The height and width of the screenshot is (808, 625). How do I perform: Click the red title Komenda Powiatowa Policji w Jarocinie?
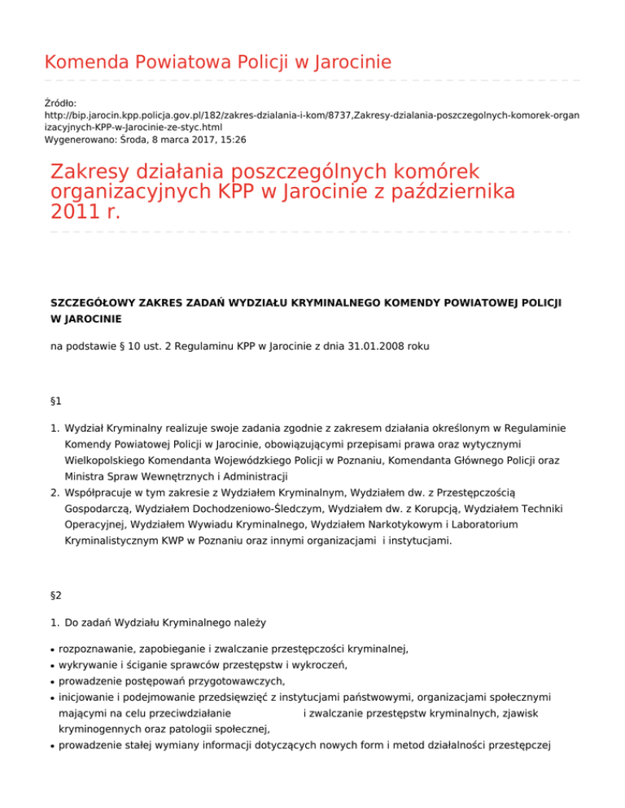[x=217, y=62]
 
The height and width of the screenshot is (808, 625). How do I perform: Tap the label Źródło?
[x=61, y=104]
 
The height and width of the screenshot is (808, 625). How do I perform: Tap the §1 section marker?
[x=56, y=401]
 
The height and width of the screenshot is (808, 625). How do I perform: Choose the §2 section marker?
[x=56, y=596]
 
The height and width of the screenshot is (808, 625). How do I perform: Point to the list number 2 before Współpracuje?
[x=54, y=490]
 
